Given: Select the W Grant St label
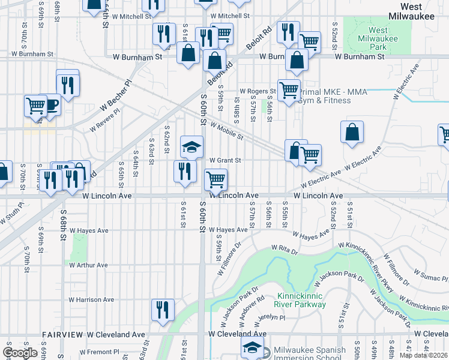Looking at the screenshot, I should [x=225, y=160].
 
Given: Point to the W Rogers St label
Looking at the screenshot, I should [x=258, y=91].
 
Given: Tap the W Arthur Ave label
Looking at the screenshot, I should [x=88, y=265].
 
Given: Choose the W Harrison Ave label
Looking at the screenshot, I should [x=91, y=299].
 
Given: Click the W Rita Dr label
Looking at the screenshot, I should [x=284, y=247].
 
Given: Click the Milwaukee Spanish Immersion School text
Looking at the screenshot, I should [x=309, y=354].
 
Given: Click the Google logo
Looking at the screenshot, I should [x=20, y=352].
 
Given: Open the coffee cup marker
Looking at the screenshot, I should [x=50, y=106].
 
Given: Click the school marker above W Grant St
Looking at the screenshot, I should [x=191, y=147].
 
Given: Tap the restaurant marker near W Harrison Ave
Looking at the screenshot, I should [x=163, y=310].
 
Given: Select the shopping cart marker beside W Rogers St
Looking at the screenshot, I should [x=289, y=90].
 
